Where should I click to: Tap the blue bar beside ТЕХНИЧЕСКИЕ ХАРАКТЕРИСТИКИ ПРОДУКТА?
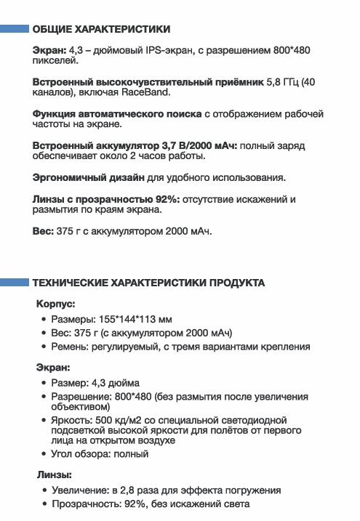click(14, 283)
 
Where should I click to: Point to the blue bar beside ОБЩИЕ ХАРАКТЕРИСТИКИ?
click(14, 30)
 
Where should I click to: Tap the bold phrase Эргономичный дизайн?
click(89, 177)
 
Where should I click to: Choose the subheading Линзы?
click(53, 475)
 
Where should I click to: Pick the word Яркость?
click(71, 420)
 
